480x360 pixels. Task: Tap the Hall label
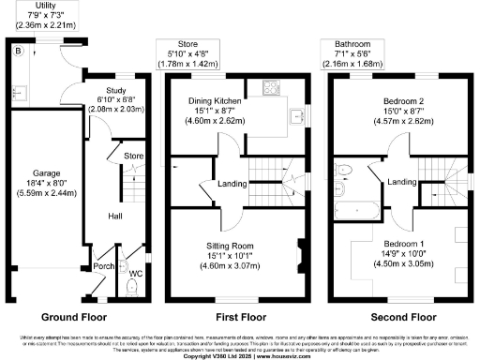click(113, 217)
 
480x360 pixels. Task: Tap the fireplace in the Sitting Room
click(302, 251)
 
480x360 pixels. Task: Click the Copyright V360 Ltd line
click(240, 354)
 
